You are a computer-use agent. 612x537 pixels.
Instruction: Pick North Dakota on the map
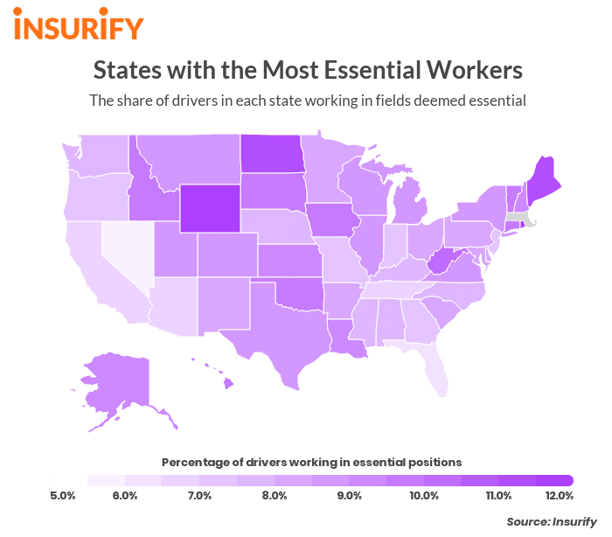click(269, 154)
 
